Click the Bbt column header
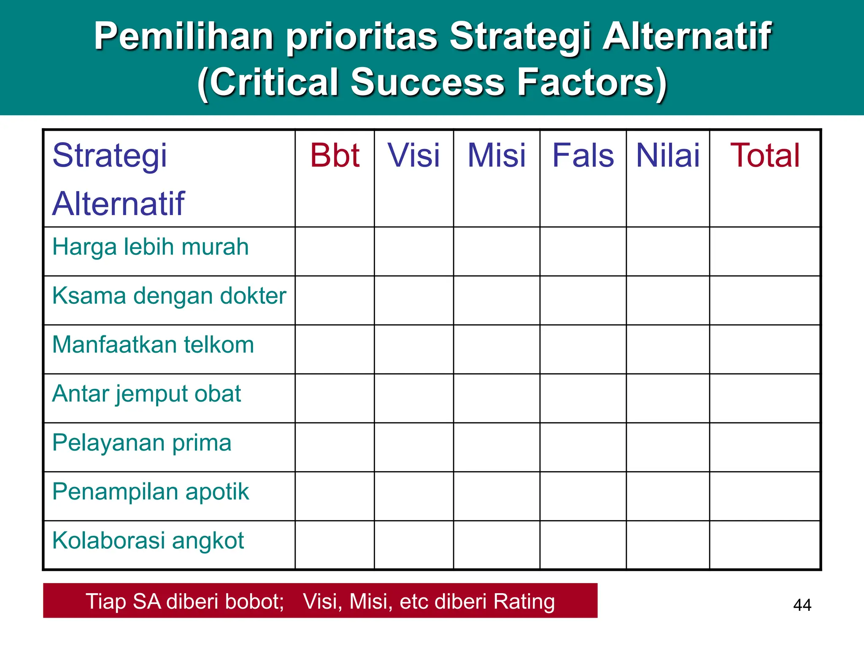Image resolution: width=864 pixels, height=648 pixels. pyautogui.click(x=335, y=156)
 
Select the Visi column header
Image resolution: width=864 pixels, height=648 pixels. pyautogui.click(x=413, y=156)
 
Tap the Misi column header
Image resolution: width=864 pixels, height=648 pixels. pyautogui.click(x=497, y=156)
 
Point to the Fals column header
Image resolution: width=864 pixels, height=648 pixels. pyautogui.click(x=583, y=156)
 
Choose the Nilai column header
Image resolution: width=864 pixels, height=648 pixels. pyautogui.click(x=667, y=156)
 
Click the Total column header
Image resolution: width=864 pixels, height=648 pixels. pyautogui.click(x=765, y=156)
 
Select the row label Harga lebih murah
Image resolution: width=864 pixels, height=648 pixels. pyautogui.click(x=150, y=247)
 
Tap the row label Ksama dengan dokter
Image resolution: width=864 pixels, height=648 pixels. pyautogui.click(x=169, y=296)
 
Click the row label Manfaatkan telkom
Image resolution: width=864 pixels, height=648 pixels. pyautogui.click(x=153, y=345)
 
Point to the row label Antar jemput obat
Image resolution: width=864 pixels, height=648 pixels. pyautogui.click(x=146, y=394)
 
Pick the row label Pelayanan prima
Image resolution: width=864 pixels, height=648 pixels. pyautogui.click(x=142, y=443)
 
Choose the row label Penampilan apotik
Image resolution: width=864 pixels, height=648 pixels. pyautogui.click(x=151, y=492)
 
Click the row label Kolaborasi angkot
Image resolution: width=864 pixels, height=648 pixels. pyautogui.click(x=148, y=541)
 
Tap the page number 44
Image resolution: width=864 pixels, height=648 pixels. pyautogui.click(x=802, y=605)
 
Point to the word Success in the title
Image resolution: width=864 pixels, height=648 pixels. pyautogui.click(x=427, y=82)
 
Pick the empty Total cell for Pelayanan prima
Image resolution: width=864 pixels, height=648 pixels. pyautogui.click(x=765, y=447)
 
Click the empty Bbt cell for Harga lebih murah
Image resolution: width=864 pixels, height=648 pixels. pyautogui.click(x=335, y=251)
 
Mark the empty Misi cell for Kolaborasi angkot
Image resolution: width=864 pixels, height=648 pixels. pyautogui.click(x=497, y=545)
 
